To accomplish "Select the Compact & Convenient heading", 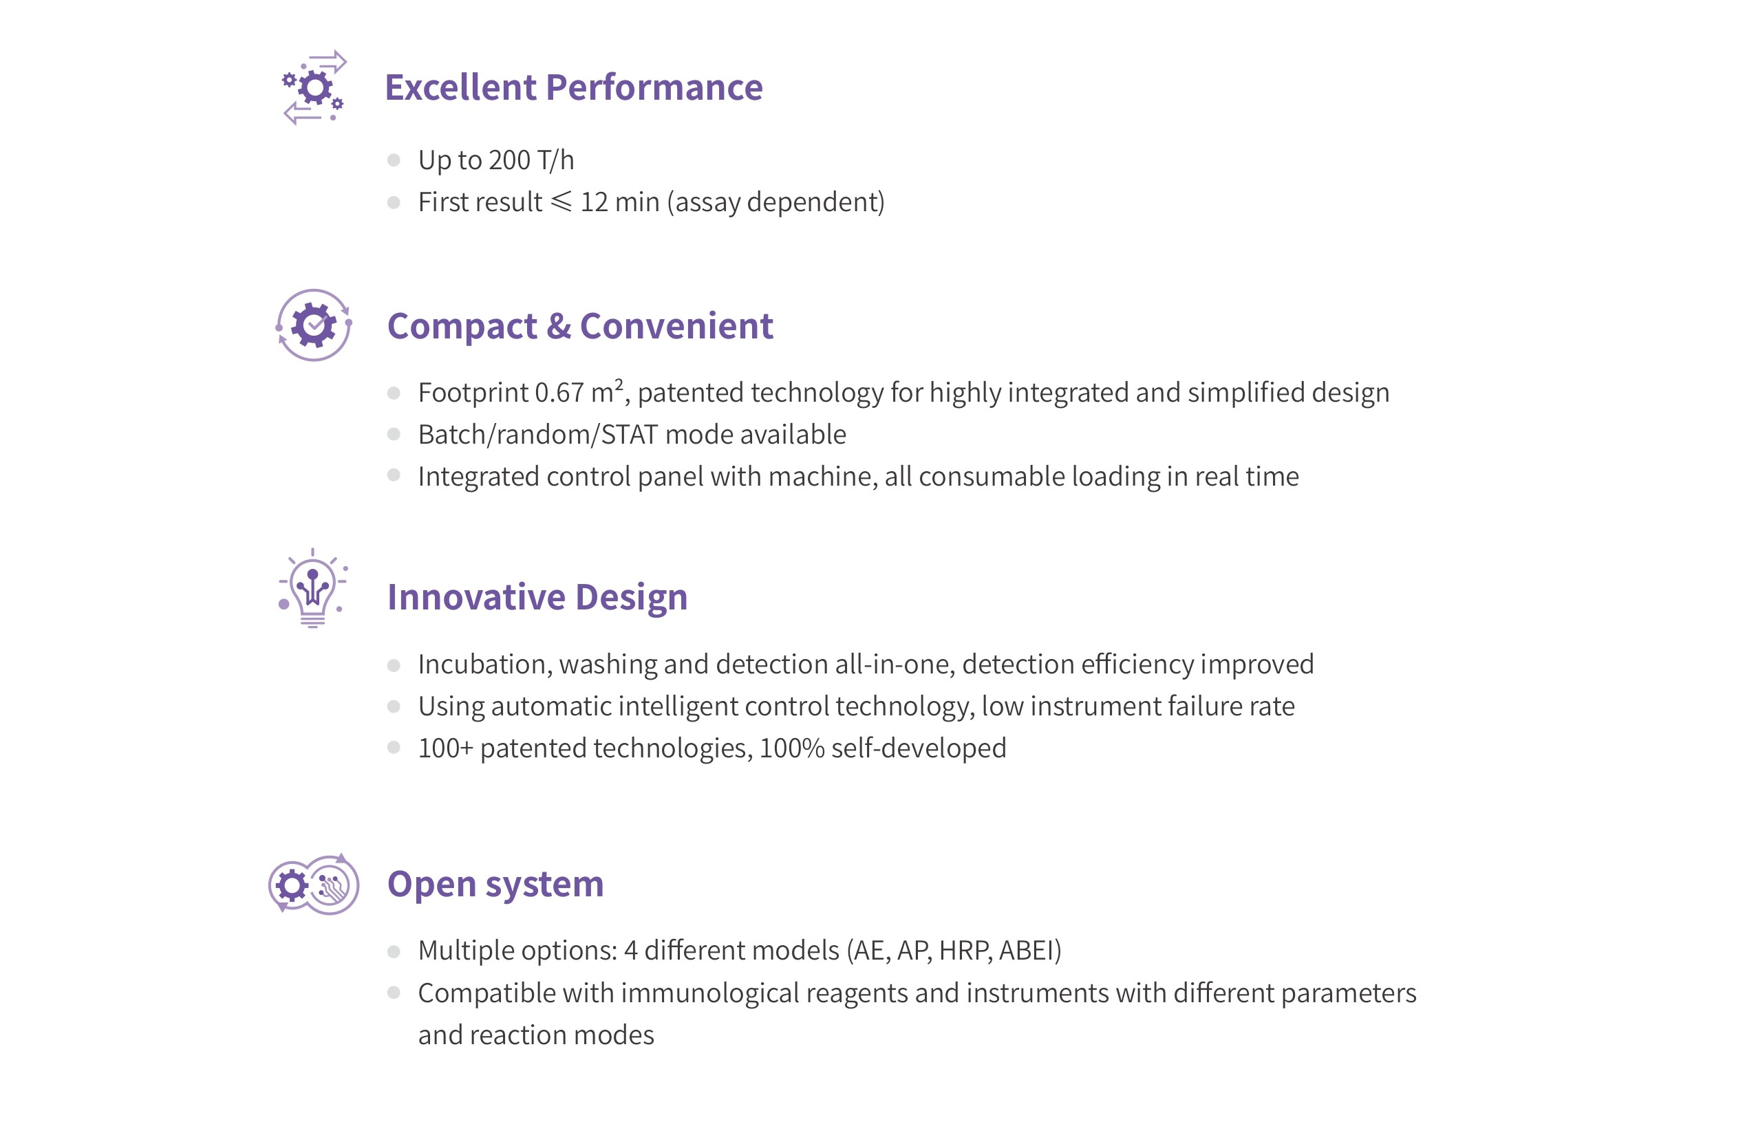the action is coord(580,326).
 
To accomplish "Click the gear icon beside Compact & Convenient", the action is coord(313,325).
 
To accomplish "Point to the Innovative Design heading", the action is coord(537,596).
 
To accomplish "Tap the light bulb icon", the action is coord(312,588).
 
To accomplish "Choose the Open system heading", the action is coord(495,883).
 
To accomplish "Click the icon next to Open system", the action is coord(313,884).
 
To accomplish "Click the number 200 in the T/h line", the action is coord(509,160).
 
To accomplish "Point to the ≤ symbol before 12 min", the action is coord(561,201).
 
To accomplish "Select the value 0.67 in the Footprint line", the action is coord(559,392).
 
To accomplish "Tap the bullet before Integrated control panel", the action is coord(394,475).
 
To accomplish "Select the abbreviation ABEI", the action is coord(1026,951).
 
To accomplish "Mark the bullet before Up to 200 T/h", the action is coord(394,160).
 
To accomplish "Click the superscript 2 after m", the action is coord(619,384).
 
